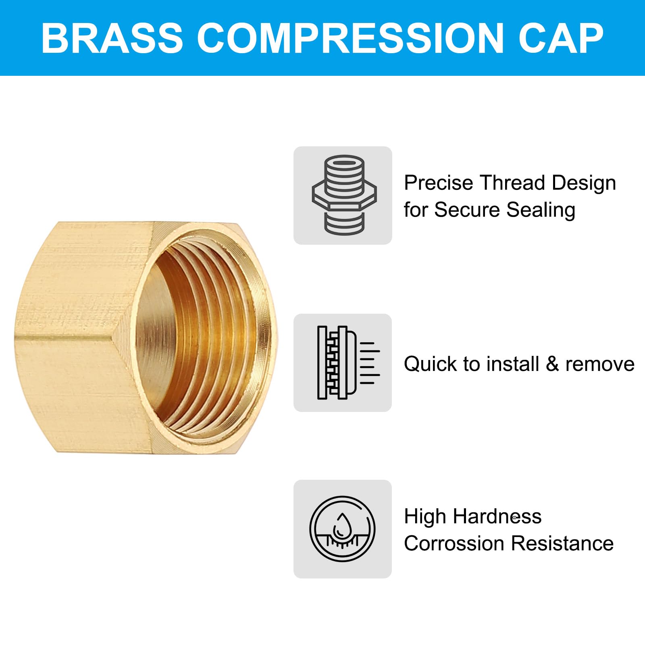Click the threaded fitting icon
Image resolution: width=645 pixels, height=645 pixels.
point(343,195)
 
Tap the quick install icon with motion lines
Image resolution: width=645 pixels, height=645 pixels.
point(343,363)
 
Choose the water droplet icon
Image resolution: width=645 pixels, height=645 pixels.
point(342,528)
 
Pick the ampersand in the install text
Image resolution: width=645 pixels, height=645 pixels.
point(552,364)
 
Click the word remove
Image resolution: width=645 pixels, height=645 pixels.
point(600,364)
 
